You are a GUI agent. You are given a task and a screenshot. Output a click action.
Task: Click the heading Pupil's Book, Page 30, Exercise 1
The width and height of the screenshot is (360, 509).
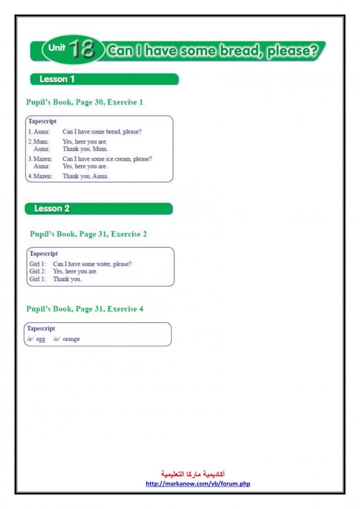[84, 102]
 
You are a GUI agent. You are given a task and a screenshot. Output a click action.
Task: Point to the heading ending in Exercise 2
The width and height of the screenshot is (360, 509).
[88, 234]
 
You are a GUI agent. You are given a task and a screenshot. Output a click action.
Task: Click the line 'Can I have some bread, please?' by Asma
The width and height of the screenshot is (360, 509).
[102, 132]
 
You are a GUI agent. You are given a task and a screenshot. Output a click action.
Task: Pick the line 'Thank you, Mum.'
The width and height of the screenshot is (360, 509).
[85, 149]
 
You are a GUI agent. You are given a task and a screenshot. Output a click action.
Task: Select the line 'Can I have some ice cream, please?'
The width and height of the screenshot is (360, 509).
[107, 159]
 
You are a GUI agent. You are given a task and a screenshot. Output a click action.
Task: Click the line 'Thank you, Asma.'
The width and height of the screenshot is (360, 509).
[85, 176]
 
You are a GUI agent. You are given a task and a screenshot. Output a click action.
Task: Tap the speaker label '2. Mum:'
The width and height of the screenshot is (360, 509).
[38, 141]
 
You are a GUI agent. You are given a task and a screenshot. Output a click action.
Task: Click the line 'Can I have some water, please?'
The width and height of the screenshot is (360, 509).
[96, 264]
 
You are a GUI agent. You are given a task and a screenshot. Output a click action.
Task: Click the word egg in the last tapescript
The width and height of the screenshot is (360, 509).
[41, 339]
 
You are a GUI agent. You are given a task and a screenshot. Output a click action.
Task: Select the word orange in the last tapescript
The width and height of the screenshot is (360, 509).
[71, 339]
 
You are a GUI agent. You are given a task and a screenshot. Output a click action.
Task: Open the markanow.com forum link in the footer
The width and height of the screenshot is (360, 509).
[198, 484]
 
